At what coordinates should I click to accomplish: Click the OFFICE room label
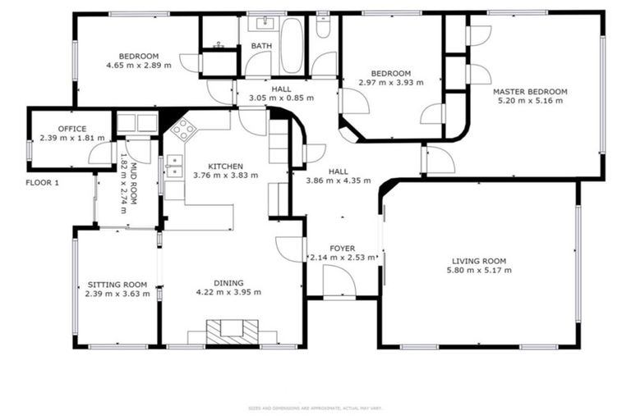click(x=72, y=129)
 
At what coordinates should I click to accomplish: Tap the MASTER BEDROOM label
click(x=530, y=91)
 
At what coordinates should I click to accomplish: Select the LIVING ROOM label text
click(x=479, y=261)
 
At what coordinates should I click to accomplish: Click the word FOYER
click(x=342, y=248)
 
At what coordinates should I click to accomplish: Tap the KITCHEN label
click(x=225, y=165)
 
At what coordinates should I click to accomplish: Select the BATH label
click(x=261, y=46)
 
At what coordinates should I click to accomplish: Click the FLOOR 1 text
click(x=43, y=183)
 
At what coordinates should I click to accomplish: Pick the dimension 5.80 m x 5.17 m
click(x=479, y=271)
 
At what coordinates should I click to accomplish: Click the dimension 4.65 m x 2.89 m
click(x=139, y=66)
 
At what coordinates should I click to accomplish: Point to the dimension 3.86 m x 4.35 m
click(x=339, y=180)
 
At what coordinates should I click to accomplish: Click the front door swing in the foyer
click(x=339, y=281)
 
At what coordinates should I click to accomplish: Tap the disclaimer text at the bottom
click(x=315, y=408)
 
